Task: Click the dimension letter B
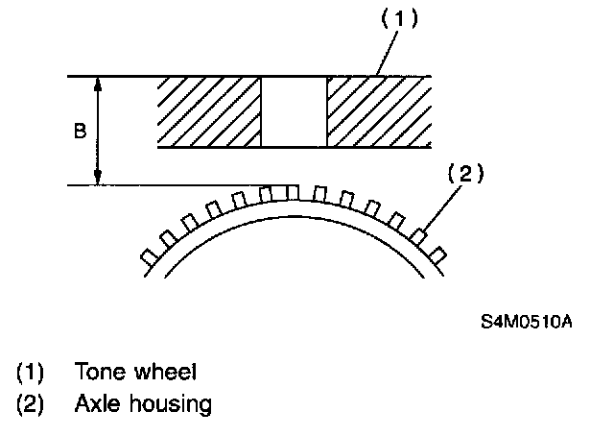[80, 132]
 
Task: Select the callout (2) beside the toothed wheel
[465, 175]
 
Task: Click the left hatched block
[209, 112]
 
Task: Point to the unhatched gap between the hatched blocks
[294, 112]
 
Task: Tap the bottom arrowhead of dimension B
[98, 177]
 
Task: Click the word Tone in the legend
[97, 372]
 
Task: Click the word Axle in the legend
[96, 404]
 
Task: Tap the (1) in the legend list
[29, 372]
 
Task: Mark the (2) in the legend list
[29, 404]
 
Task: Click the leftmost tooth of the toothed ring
[149, 256]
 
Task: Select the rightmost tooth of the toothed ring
[438, 254]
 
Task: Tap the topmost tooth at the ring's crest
[293, 190]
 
